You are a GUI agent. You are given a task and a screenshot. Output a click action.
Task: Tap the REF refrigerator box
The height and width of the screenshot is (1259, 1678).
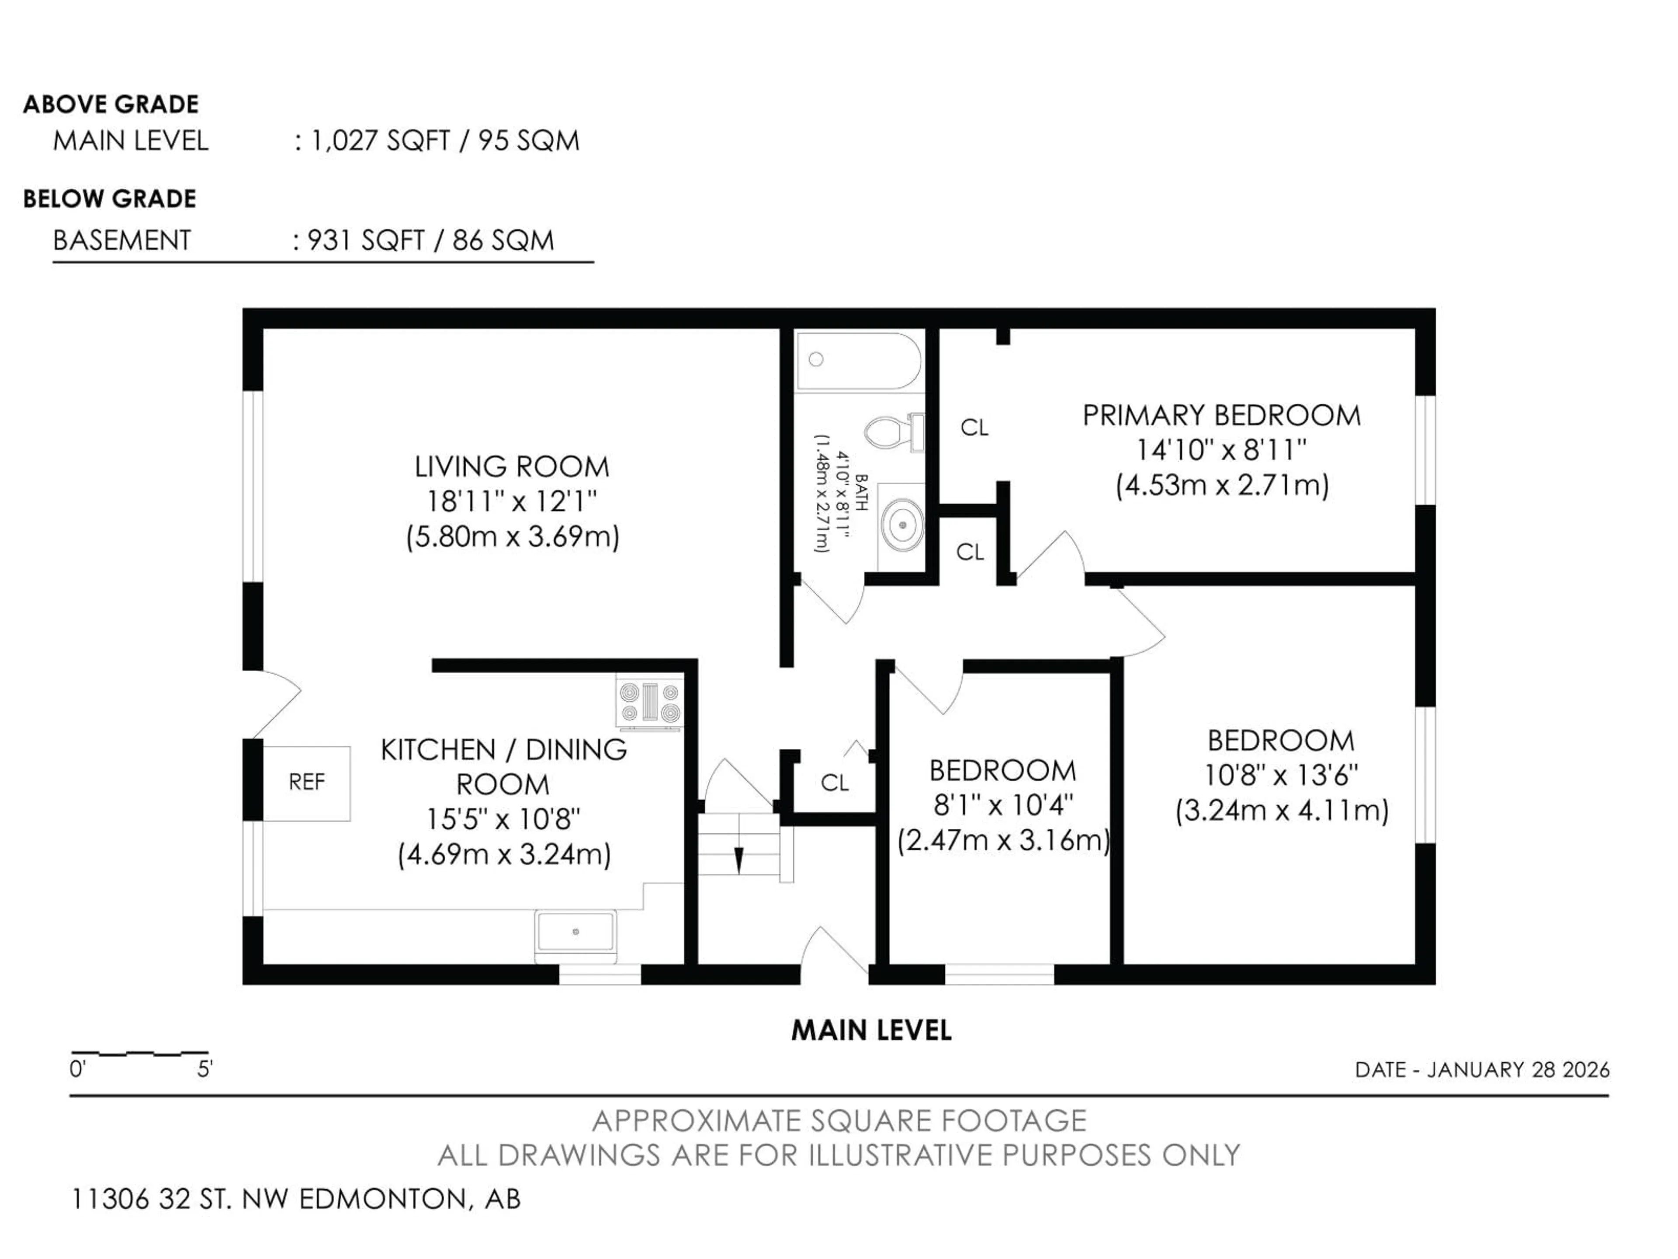coord(306,783)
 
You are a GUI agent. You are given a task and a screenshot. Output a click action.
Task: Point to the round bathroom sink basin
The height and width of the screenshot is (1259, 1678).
coord(902,525)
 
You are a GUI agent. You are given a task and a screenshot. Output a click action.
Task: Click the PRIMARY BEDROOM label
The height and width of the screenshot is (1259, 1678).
coord(1221,416)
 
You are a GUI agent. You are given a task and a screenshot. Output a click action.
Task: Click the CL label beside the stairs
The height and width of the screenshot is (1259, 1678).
coord(835,783)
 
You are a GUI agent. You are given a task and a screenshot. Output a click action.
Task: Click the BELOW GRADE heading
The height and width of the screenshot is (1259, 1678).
coord(110,199)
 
